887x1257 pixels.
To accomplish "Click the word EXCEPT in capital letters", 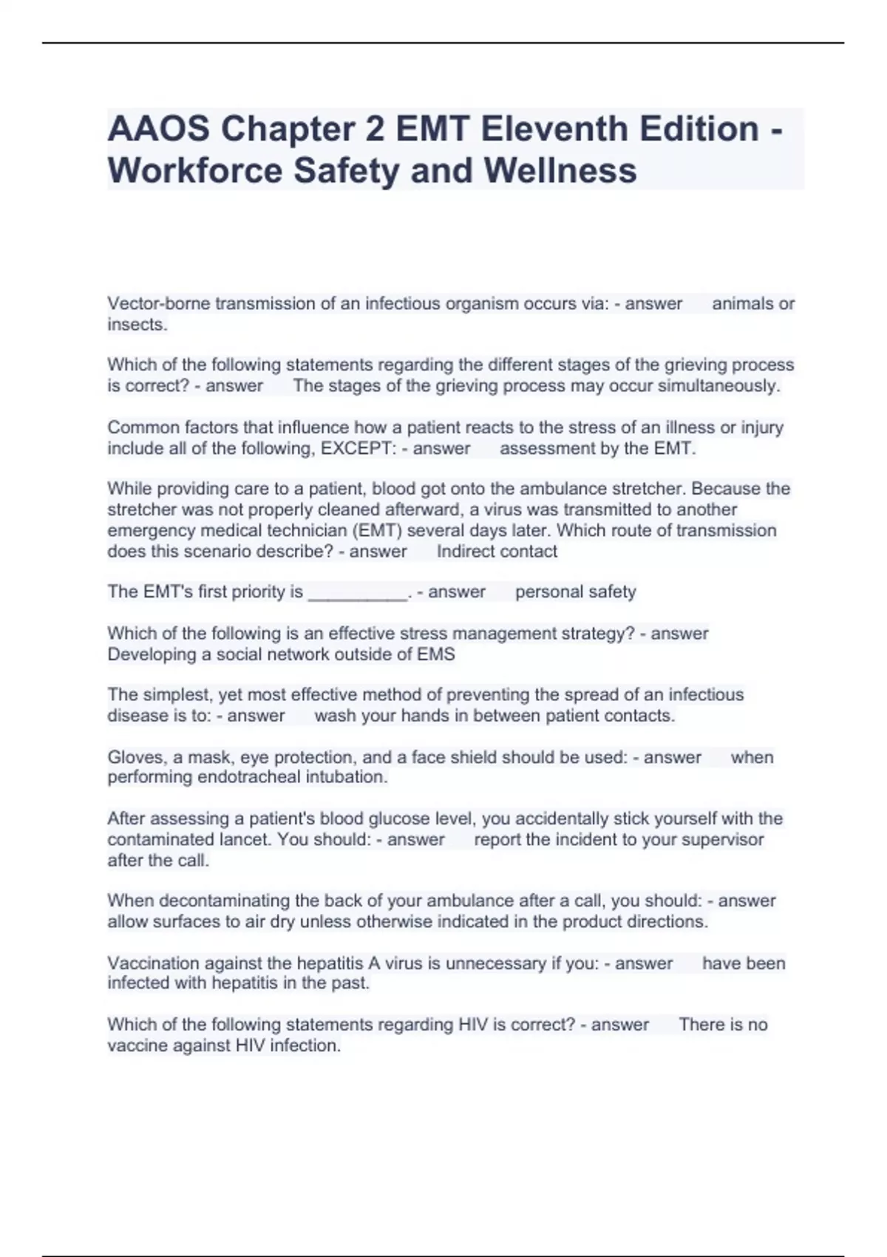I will tap(358, 449).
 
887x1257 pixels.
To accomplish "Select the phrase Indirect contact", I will tap(497, 552).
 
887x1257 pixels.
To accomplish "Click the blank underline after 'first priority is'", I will tap(357, 592).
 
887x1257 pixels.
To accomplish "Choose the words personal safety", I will tap(575, 592).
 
